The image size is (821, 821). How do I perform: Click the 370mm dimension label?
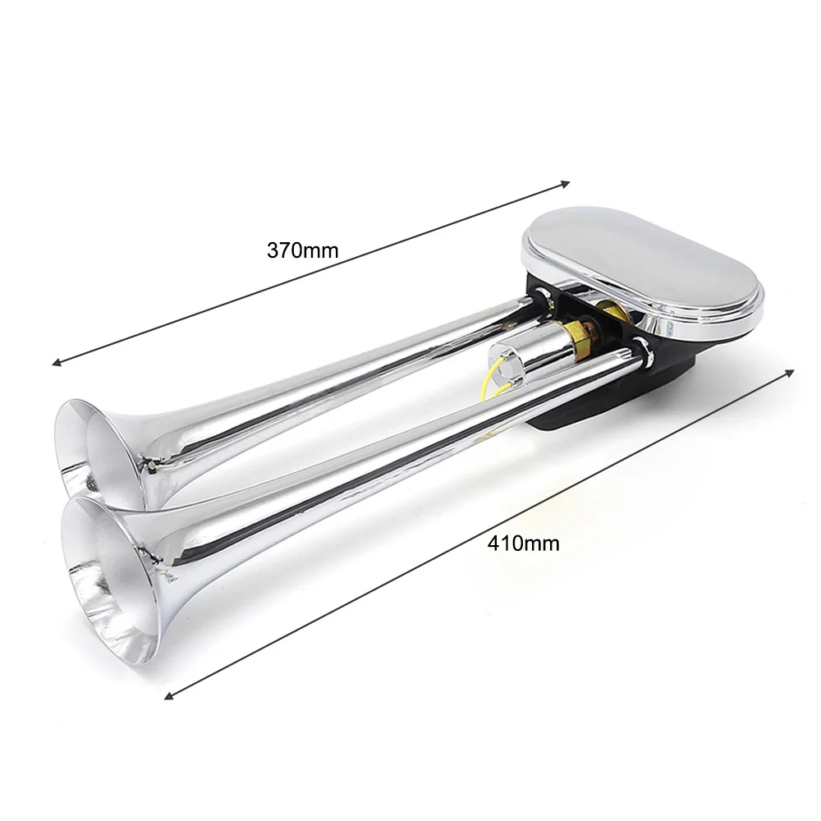303,250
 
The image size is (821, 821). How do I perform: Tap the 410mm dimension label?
523,544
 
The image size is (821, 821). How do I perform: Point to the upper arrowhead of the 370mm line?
566,184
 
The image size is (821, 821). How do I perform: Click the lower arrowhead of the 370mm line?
56,362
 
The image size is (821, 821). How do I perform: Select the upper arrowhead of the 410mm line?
790,372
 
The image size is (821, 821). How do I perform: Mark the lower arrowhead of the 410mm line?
168,695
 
